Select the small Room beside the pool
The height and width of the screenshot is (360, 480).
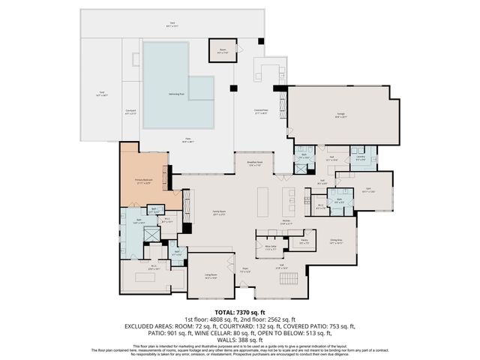pos(222,50)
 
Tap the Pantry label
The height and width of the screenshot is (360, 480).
pos(304,241)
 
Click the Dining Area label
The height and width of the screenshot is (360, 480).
pos(335,242)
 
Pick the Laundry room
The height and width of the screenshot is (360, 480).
pos(361,158)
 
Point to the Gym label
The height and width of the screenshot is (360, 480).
pos(367,190)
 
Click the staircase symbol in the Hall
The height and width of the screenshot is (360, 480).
pos(289,279)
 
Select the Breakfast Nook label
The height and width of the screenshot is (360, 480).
pos(254,163)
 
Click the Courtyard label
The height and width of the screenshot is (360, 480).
pos(130,112)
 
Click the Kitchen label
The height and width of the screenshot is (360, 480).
pos(286,220)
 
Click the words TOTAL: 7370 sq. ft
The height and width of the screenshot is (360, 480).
pos(239,312)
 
